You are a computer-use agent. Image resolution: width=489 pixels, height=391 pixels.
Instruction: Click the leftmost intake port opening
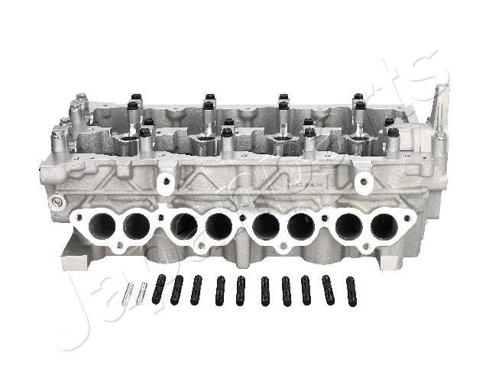pyautogui.click(x=102, y=226)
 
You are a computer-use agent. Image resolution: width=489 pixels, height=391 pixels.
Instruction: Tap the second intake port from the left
pyautogui.click(x=136, y=226)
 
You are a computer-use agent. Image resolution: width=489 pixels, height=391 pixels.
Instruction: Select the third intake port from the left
pyautogui.click(x=183, y=227)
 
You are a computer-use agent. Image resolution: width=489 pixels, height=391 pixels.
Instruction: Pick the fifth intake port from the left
pyautogui.click(x=265, y=227)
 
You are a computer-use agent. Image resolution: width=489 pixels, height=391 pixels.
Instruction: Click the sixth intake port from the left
pyautogui.click(x=300, y=227)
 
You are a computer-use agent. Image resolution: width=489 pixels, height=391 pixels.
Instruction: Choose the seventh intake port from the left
pyautogui.click(x=348, y=227)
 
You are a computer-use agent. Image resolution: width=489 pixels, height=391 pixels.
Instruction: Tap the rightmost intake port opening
pyautogui.click(x=383, y=227)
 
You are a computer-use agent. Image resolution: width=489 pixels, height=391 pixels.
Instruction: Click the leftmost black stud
pyautogui.click(x=159, y=289)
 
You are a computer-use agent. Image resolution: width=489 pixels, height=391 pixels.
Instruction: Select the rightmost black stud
pyautogui.click(x=351, y=291)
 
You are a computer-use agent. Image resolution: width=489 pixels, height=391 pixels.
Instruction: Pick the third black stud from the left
pyautogui.click(x=196, y=289)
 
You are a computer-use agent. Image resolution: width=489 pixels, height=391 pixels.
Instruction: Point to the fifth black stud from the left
pyautogui.click(x=241, y=291)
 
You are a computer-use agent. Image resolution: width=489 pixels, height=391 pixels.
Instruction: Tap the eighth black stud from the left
pyautogui.click(x=306, y=290)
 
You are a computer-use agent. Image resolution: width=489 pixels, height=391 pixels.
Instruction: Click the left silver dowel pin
pyautogui.click(x=128, y=292)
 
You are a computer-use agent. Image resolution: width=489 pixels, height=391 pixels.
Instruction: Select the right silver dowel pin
pyautogui.click(x=141, y=292)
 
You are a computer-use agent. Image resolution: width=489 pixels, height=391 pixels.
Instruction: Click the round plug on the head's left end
pyautogui.click(x=56, y=202)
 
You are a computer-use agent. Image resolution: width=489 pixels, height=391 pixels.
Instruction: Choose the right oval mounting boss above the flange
pyautogui.click(x=364, y=182)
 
